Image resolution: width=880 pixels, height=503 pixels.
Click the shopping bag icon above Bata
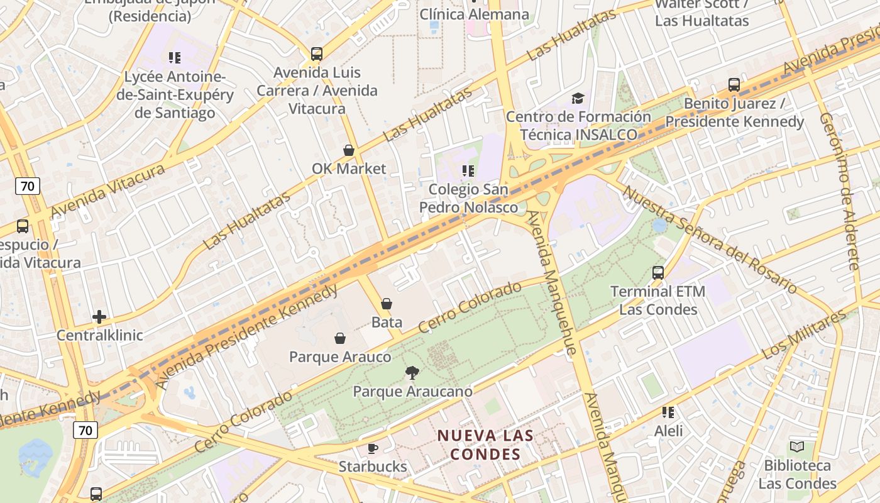tap(387, 304)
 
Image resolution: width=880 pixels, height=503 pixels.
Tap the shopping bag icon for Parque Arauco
tap(340, 338)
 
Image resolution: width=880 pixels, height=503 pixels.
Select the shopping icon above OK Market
tap(349, 150)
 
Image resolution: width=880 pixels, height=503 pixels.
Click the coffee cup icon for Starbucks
tap(373, 448)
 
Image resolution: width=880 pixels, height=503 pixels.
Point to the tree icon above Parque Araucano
tap(412, 373)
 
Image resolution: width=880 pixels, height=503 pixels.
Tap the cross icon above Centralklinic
tap(99, 317)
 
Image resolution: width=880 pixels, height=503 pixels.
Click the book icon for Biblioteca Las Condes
tap(797, 447)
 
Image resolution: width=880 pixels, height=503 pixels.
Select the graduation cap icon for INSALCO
tap(578, 98)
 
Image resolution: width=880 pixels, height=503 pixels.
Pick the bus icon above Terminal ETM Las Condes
tap(658, 273)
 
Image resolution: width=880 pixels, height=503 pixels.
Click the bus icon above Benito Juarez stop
tap(734, 85)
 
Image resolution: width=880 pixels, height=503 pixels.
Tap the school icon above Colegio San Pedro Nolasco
tap(468, 171)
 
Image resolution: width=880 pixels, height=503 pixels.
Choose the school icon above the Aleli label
tap(668, 412)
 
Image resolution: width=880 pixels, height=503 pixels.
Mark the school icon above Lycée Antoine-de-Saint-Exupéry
tap(175, 58)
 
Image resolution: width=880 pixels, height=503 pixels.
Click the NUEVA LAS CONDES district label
tap(486, 445)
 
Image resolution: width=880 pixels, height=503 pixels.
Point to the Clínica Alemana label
tap(475, 14)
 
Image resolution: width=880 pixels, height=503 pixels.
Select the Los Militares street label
tap(804, 334)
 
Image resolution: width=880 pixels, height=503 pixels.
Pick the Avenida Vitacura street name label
tap(107, 191)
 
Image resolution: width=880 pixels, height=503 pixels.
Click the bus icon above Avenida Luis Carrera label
tap(317, 54)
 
